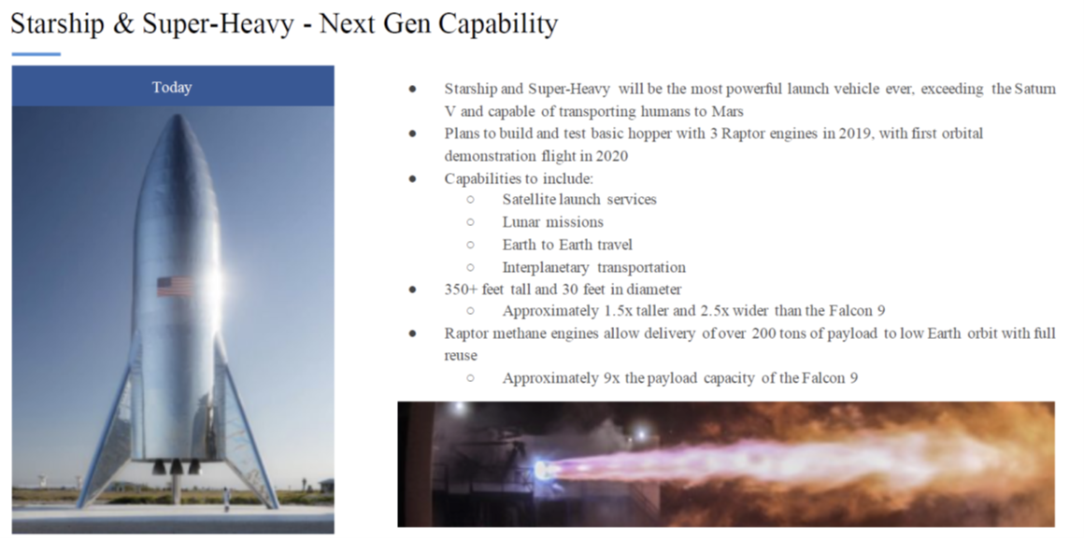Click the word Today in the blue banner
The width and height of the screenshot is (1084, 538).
[x=172, y=88]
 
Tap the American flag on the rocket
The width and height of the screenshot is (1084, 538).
[x=175, y=286]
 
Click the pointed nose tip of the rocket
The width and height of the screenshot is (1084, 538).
[x=176, y=116]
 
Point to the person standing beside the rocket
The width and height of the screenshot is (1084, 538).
[x=226, y=500]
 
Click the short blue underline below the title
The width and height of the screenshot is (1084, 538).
[x=36, y=54]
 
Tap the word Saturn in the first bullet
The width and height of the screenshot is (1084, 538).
[x=1034, y=89]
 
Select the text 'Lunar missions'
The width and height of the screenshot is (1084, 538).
[x=553, y=222]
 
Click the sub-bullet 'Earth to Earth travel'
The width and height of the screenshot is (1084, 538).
[x=567, y=245]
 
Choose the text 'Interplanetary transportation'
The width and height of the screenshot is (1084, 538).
[x=593, y=267]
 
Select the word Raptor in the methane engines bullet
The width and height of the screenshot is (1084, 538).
[x=464, y=334]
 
